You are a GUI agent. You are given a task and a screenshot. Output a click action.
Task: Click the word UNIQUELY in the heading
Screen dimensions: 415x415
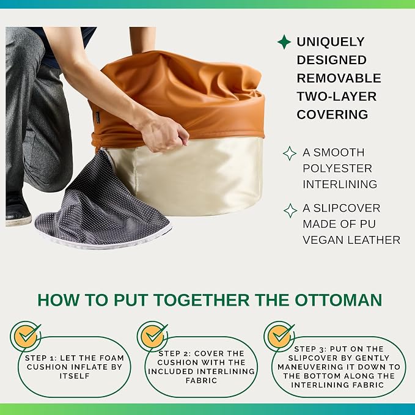click(x=331, y=42)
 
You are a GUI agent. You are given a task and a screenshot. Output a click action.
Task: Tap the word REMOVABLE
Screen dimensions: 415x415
click(x=339, y=78)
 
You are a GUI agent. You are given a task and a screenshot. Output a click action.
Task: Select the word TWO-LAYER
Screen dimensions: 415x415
click(x=336, y=97)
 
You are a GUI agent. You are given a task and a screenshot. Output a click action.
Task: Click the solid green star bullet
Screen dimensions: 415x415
click(x=284, y=42)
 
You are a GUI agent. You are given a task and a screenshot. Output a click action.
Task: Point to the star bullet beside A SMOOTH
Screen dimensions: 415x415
click(x=290, y=153)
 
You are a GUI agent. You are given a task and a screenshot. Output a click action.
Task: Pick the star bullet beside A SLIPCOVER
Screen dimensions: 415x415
click(x=290, y=211)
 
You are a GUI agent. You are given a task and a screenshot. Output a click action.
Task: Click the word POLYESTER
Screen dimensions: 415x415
click(x=337, y=169)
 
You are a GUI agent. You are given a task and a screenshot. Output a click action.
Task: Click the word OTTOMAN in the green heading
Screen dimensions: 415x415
click(x=338, y=300)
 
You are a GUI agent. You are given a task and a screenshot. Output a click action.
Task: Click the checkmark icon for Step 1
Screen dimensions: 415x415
click(x=26, y=337)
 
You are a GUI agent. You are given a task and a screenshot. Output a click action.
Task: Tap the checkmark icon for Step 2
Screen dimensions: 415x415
click(x=152, y=337)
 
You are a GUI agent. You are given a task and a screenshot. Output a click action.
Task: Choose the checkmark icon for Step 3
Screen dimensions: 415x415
click(x=279, y=337)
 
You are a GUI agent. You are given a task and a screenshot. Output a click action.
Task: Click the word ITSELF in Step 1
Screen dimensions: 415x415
click(x=75, y=376)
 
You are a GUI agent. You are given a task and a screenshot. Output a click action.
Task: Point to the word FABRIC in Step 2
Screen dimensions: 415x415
click(x=202, y=381)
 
